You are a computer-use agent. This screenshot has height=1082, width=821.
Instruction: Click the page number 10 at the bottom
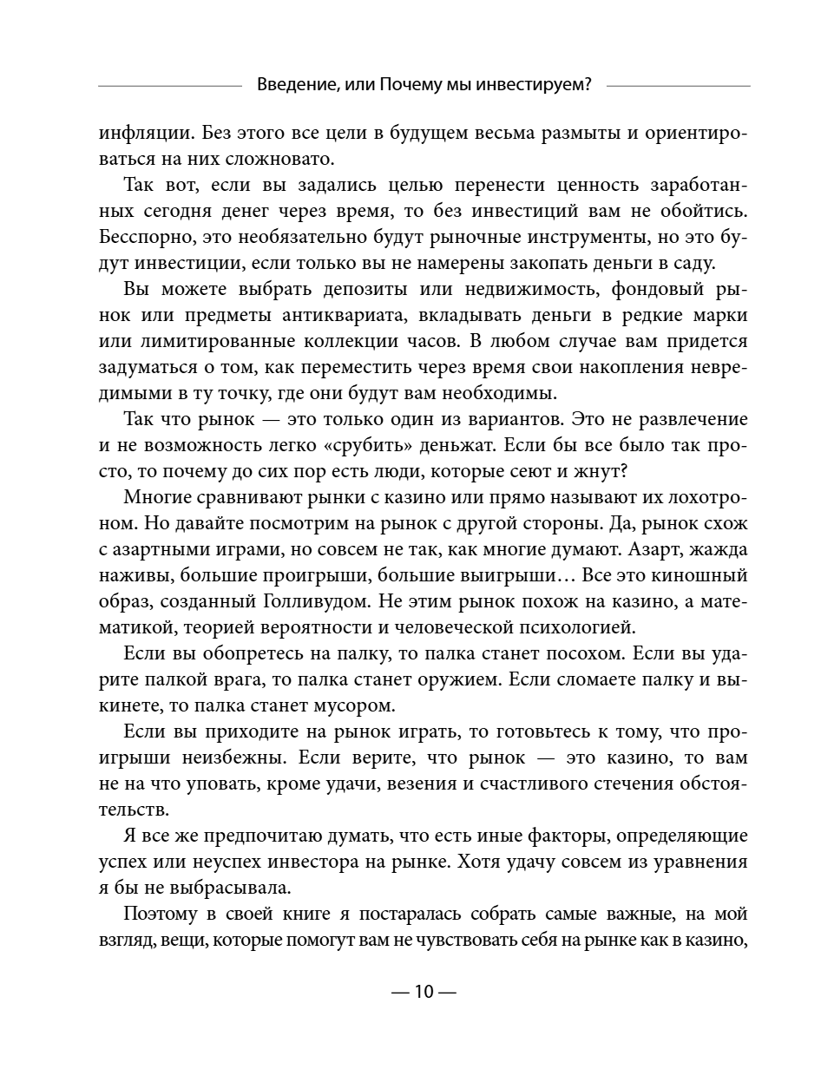423,992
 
